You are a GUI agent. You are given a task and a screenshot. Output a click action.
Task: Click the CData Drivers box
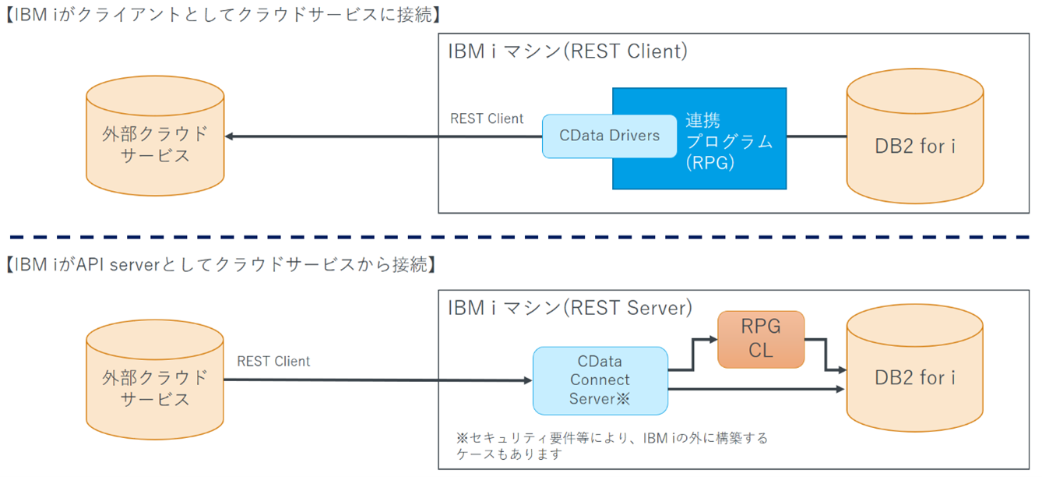[609, 136]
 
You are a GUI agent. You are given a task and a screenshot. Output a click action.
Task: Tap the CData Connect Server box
[600, 380]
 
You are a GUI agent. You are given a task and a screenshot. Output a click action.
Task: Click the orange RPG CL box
[760, 339]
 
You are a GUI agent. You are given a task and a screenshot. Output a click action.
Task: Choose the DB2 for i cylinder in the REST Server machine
[915, 378]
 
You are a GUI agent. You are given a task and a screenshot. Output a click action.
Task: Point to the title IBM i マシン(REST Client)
[568, 51]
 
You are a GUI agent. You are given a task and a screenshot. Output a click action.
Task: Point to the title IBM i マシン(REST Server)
[569, 308]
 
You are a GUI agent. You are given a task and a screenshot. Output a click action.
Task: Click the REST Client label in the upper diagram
[487, 119]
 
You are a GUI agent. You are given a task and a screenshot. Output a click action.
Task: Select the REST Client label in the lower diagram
[273, 362]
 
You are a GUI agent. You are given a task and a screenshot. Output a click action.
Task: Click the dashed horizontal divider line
[520, 236]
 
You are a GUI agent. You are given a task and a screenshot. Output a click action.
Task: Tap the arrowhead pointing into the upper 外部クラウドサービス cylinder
[231, 136]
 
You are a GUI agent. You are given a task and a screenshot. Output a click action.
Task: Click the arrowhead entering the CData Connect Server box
[526, 380]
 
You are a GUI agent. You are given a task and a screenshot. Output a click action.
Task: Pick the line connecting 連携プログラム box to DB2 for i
[816, 136]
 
